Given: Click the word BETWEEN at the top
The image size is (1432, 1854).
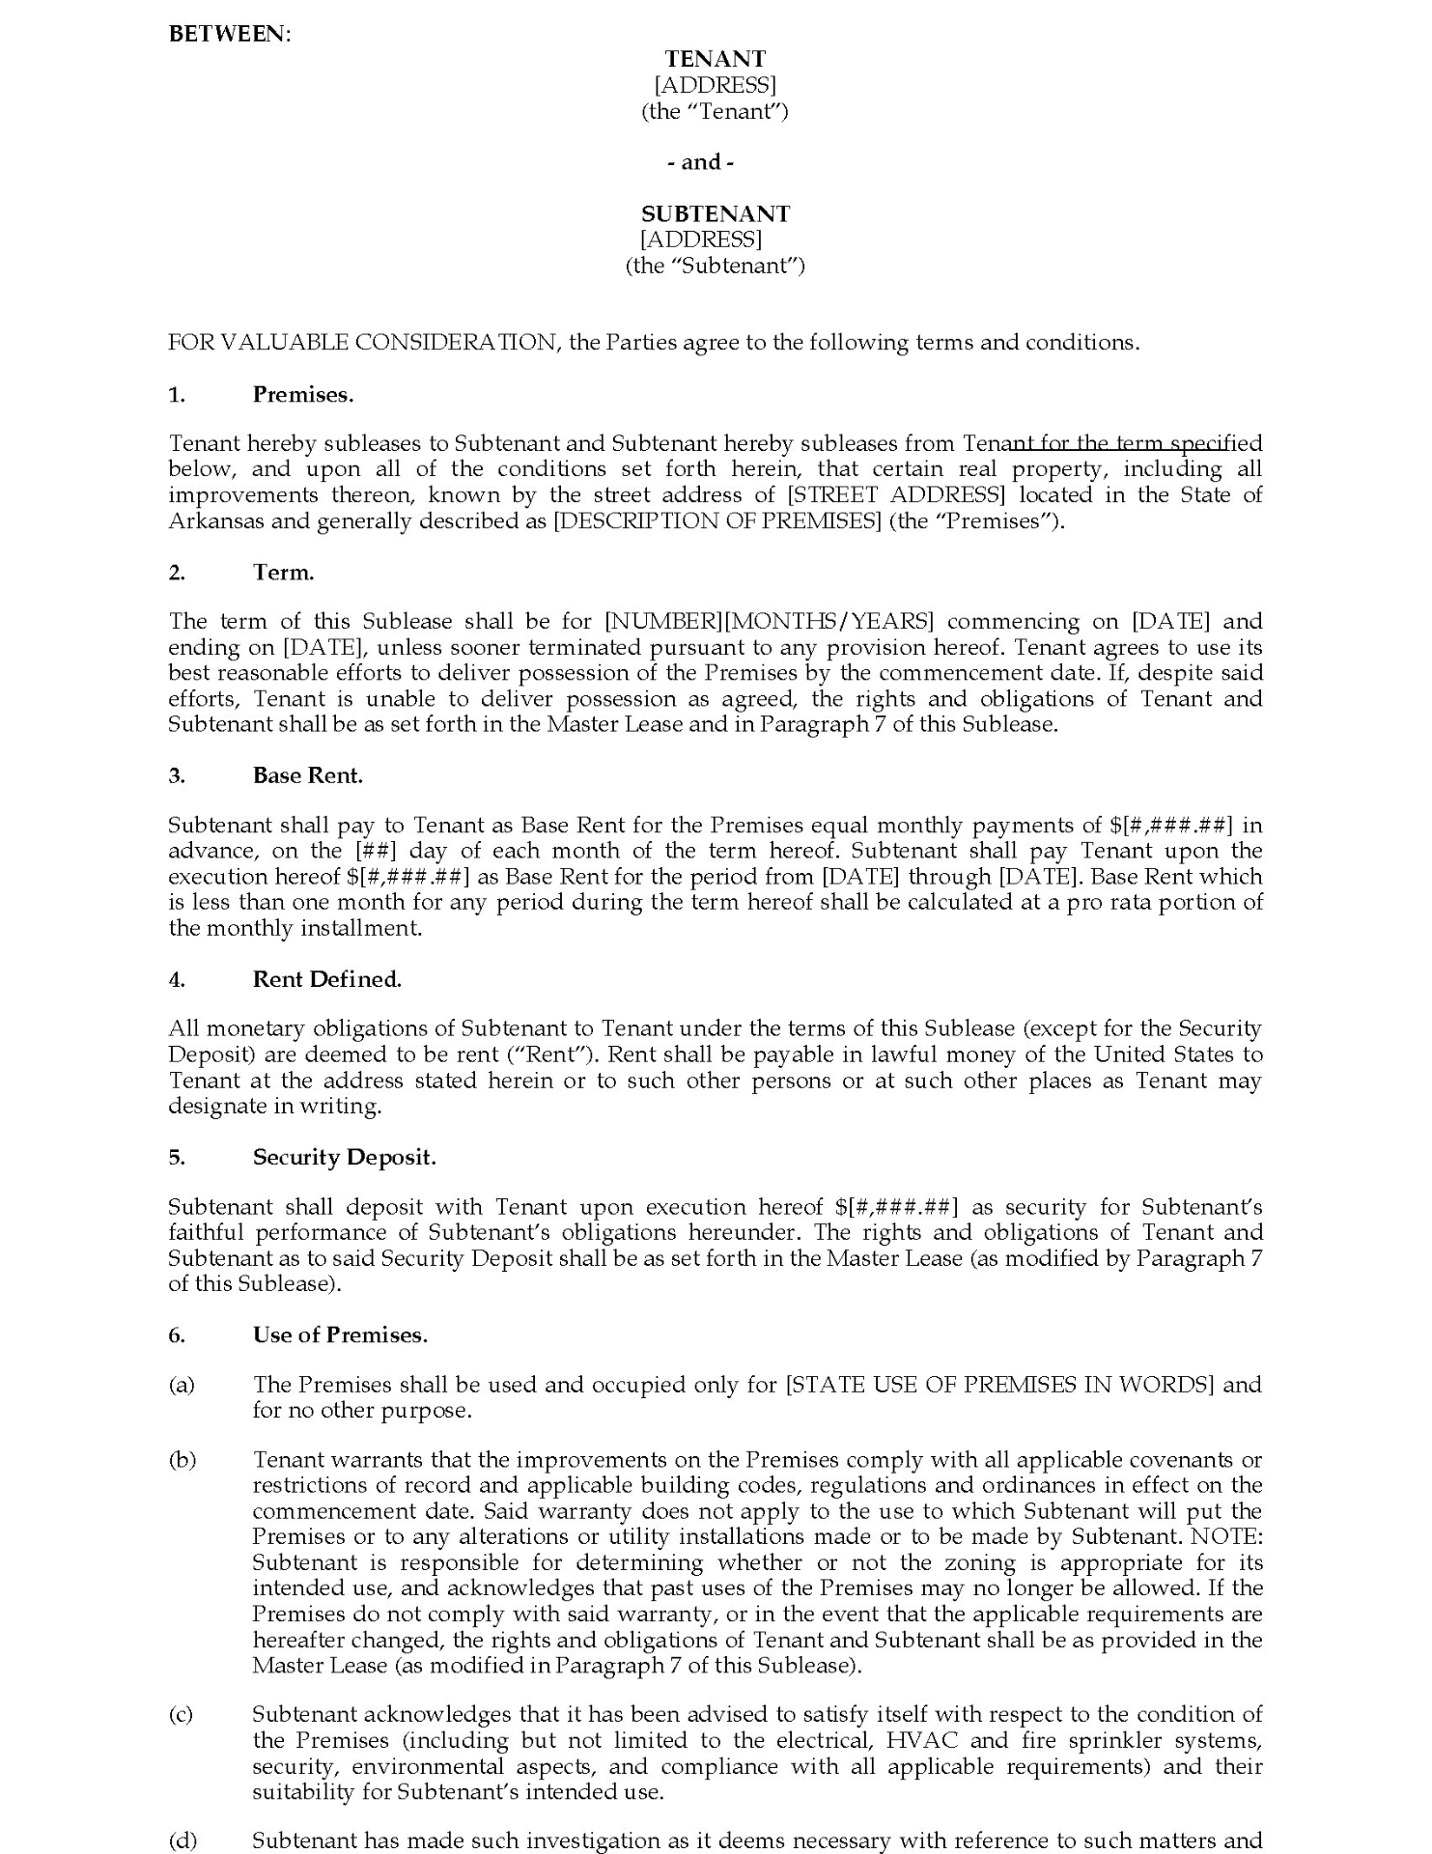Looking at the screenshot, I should tap(229, 34).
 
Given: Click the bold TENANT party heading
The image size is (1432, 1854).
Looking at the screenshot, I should tap(715, 60).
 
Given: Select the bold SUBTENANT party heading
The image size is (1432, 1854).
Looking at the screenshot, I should tap(715, 213).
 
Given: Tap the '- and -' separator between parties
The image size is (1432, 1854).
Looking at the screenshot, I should tap(700, 162).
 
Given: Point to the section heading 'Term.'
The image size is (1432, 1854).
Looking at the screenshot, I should tap(284, 572).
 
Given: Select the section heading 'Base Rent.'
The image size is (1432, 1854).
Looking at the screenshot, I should tap(308, 775).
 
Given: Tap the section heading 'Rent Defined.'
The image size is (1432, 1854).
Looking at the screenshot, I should tap(327, 979).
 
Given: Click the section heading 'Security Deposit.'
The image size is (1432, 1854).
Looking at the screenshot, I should tap(345, 1157).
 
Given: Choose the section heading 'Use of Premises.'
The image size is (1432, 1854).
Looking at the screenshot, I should tap(340, 1334).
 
